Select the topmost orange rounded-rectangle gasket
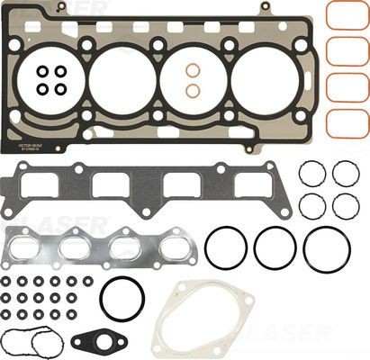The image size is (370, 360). click(347, 15)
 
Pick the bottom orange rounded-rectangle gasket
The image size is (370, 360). click(347, 121)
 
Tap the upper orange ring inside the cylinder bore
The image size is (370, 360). click(193, 70)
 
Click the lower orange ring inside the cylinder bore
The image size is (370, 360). click(193, 90)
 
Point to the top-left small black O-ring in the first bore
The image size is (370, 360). click(42, 71)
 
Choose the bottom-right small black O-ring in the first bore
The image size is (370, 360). click(60, 89)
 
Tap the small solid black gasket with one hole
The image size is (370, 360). click(91, 341)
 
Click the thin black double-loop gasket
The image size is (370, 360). click(29, 343)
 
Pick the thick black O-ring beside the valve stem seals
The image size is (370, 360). click(122, 299)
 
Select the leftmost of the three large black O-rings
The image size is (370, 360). click(226, 247)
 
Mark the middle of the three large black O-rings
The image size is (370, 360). click(275, 247)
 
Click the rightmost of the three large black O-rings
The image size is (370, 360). click(326, 248)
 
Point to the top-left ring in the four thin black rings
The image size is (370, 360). click(312, 173)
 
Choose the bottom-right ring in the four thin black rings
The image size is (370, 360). click(346, 205)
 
